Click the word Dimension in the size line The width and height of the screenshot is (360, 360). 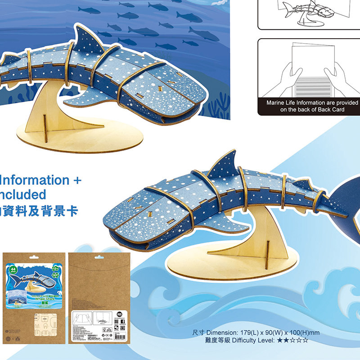coord(221,333)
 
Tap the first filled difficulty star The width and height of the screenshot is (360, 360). coord(280,341)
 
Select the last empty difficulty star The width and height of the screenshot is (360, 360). coord(306,341)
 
